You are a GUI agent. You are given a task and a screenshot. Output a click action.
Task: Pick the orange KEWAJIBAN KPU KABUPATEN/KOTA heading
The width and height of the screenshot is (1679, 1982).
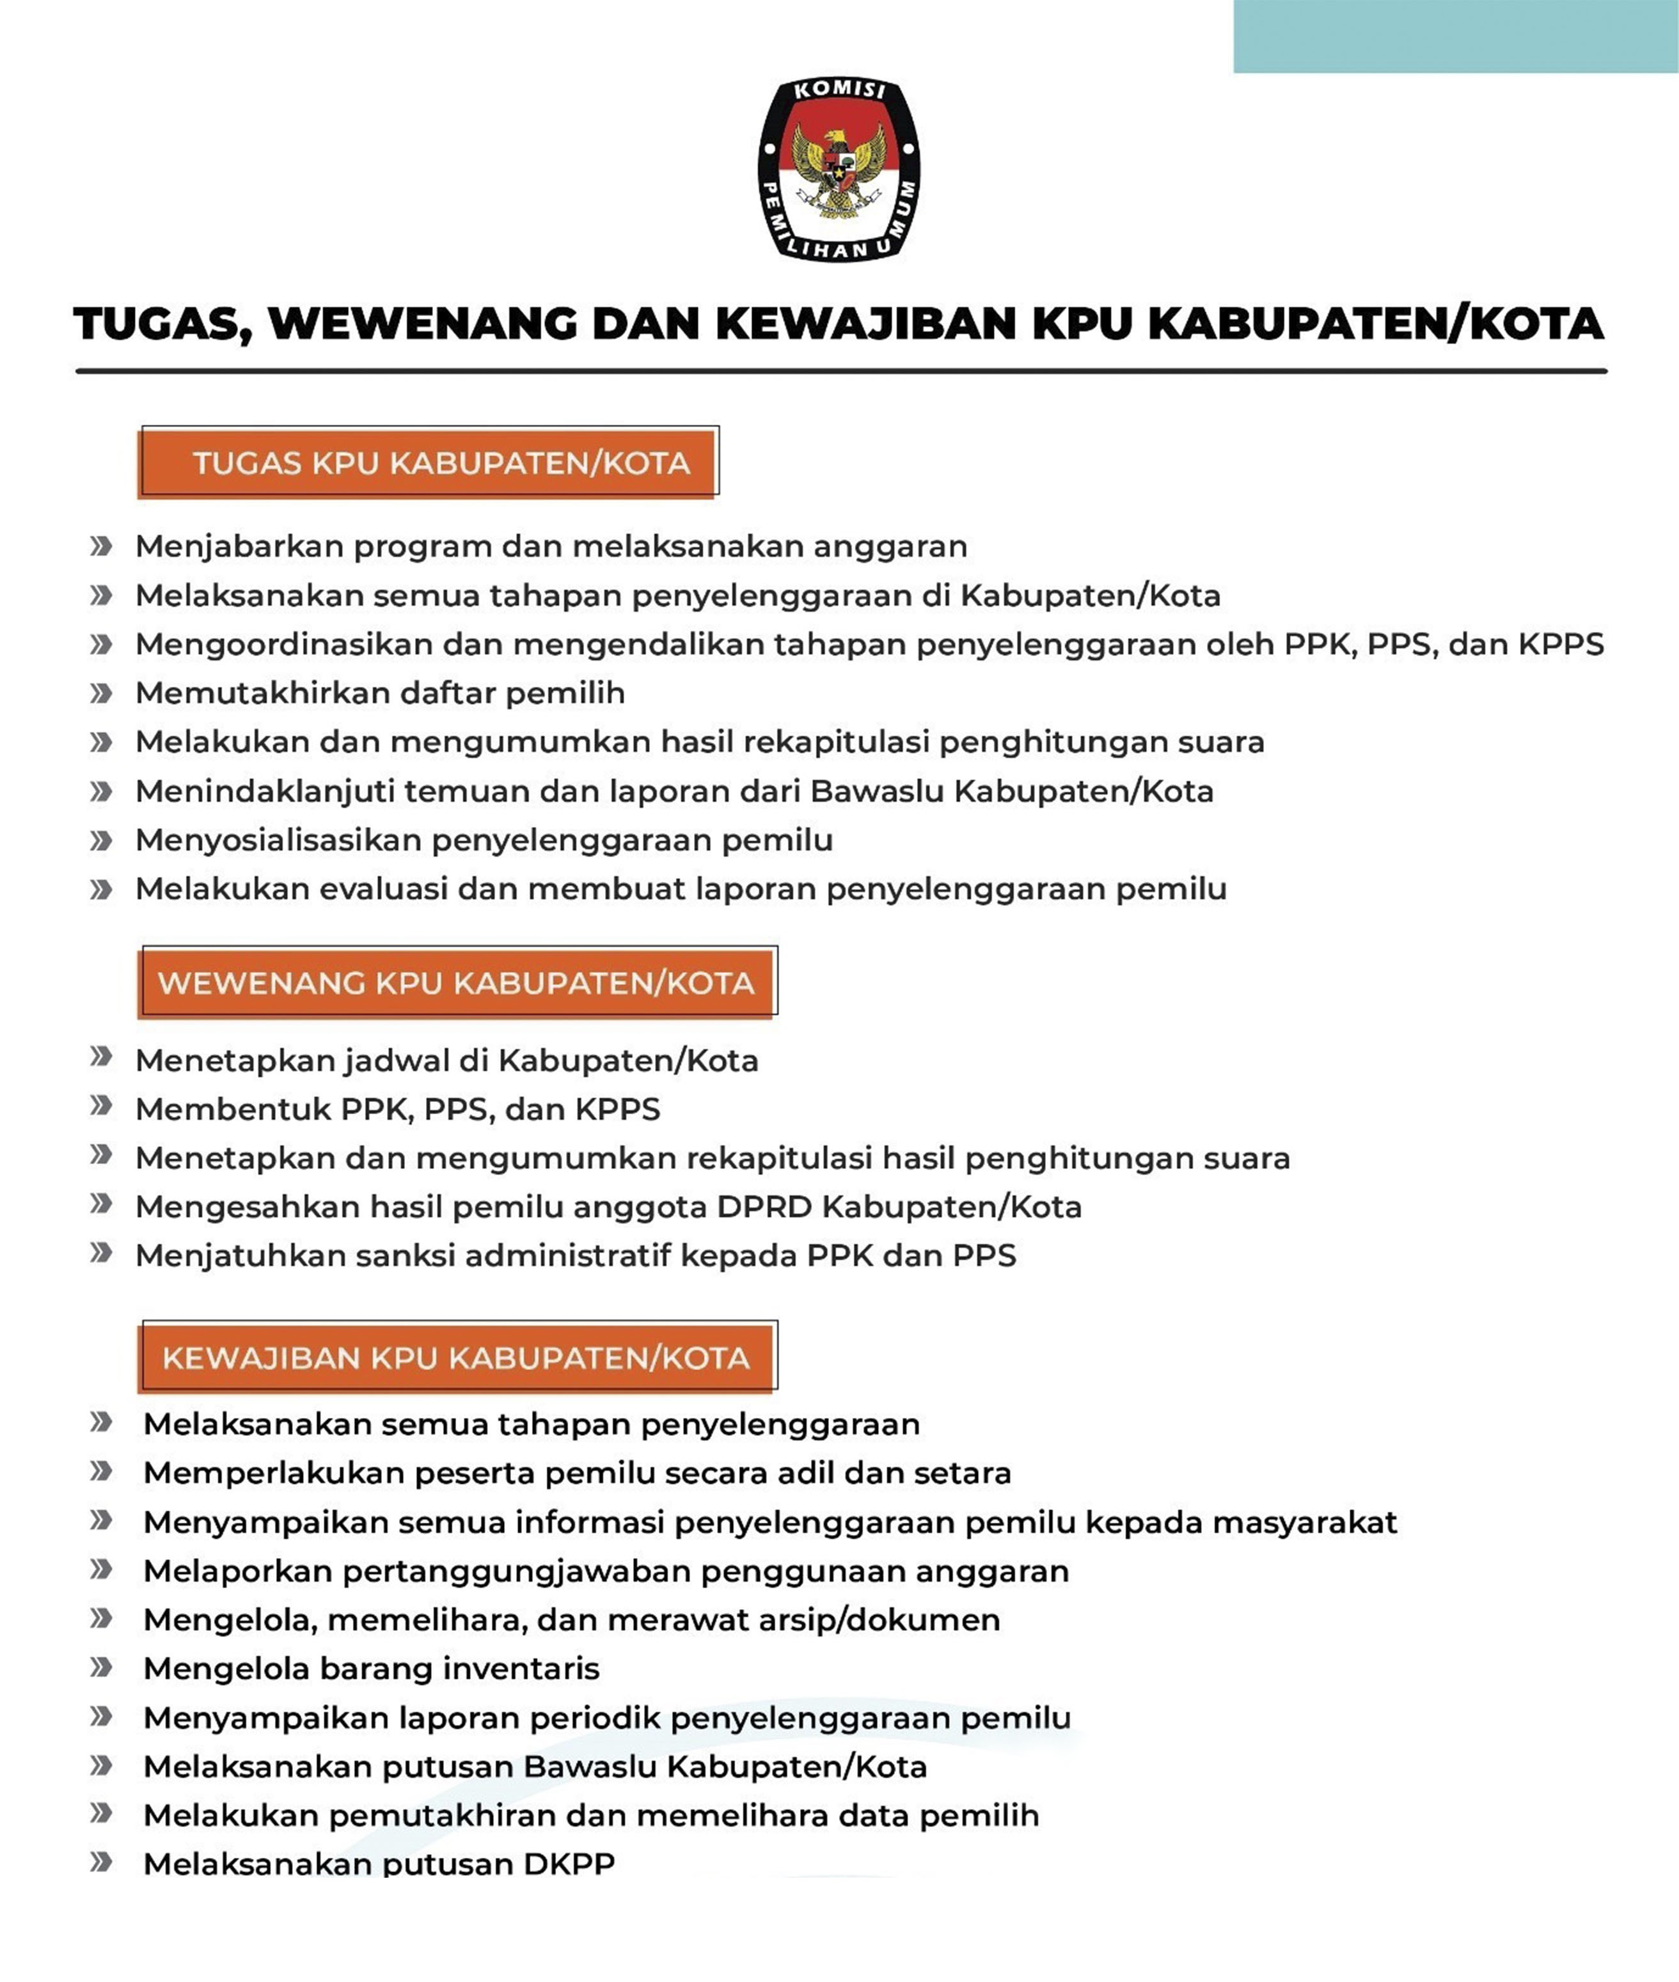pyautogui.click(x=456, y=1358)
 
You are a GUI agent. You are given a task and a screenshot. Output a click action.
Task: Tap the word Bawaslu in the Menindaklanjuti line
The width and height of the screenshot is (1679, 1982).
pyautogui.click(x=876, y=790)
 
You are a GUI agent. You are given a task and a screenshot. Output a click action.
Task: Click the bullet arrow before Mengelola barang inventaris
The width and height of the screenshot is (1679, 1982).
pyautogui.click(x=101, y=1667)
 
